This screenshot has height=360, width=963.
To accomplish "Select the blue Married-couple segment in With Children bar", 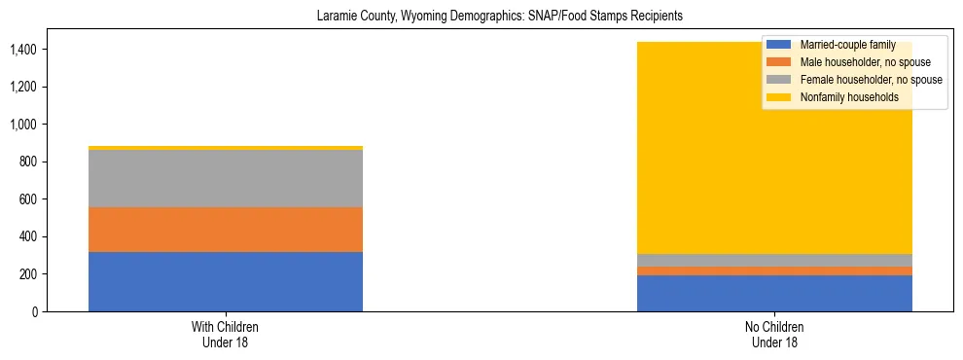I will [226, 281].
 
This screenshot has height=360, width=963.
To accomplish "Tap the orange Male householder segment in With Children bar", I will [226, 230].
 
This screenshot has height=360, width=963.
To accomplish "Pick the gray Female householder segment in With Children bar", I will [226, 179].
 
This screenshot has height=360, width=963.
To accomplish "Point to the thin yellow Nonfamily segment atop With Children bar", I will [226, 148].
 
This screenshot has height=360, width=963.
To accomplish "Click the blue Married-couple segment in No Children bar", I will [774, 293].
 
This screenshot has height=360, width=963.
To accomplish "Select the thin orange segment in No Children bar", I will [774, 270].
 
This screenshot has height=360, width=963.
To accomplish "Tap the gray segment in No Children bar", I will [774, 260].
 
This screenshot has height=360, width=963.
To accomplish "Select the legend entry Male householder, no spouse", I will [856, 62].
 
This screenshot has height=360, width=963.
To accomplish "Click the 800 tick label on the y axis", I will [28, 162].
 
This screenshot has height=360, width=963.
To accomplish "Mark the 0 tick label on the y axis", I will [35, 312].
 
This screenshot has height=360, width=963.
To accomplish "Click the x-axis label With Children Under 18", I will [226, 335].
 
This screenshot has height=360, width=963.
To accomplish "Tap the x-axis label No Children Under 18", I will [774, 335].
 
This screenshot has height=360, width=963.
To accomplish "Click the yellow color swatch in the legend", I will [779, 97].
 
